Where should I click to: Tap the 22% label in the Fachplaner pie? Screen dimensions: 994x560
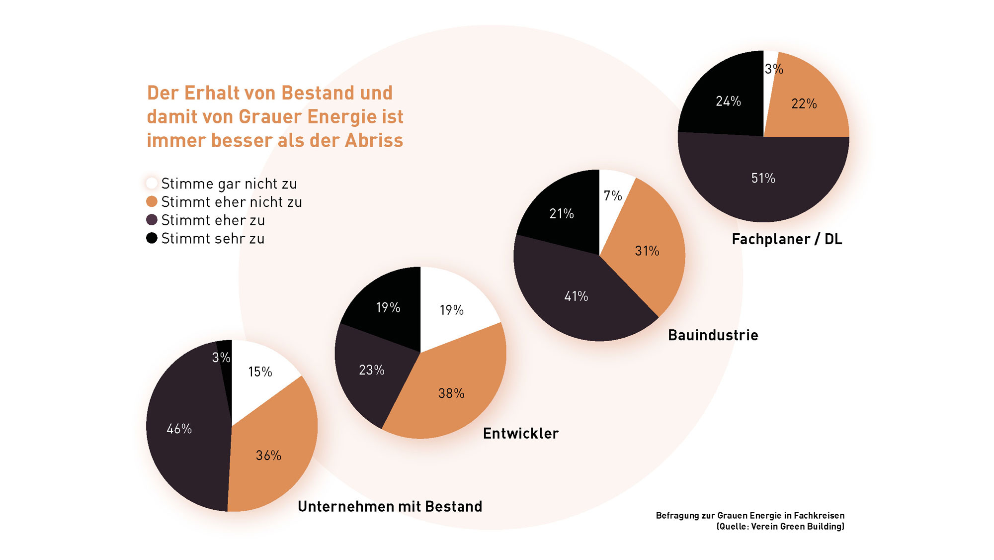pyautogui.click(x=804, y=103)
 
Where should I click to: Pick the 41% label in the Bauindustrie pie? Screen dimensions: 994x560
pyautogui.click(x=576, y=296)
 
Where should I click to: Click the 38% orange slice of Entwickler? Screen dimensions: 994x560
pyautogui.click(x=447, y=393)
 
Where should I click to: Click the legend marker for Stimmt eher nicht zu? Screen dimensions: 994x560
pyautogui.click(x=152, y=201)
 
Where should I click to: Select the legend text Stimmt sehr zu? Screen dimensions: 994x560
pyautogui.click(x=213, y=239)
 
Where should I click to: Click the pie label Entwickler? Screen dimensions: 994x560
pyautogui.click(x=521, y=433)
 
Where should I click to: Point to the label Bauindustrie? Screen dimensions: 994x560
pyautogui.click(x=713, y=335)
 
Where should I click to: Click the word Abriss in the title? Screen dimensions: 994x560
pyautogui.click(x=374, y=140)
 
